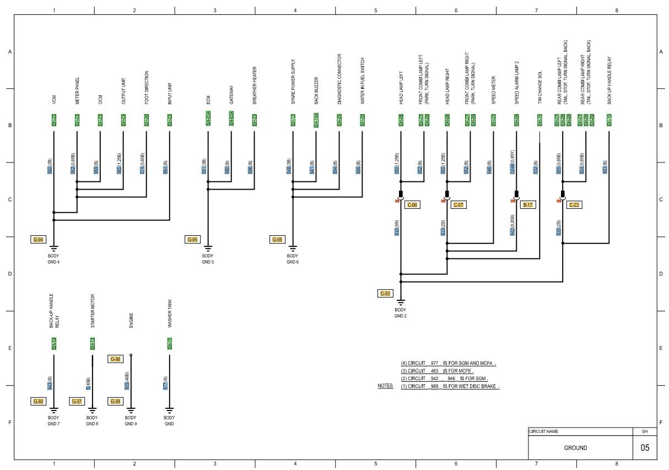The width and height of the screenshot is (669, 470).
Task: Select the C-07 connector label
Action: click(x=458, y=205)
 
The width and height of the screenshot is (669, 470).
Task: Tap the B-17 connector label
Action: click(x=527, y=205)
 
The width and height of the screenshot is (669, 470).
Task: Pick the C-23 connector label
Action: click(x=574, y=205)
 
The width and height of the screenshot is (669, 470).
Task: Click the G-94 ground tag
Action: click(x=38, y=239)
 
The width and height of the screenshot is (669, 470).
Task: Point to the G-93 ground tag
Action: click(x=385, y=294)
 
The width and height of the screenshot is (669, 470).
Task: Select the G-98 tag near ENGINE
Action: click(x=115, y=359)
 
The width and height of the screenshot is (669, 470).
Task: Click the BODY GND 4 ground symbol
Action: click(x=53, y=249)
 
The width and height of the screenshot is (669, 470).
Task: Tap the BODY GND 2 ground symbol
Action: click(x=401, y=302)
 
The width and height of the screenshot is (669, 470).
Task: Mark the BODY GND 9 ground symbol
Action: click(x=131, y=410)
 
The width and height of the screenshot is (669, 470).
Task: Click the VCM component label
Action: click(x=54, y=100)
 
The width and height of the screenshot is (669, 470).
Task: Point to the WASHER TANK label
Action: click(x=169, y=316)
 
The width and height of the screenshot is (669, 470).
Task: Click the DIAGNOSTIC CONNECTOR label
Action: click(x=339, y=79)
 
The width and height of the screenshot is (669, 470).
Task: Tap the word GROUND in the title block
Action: click(x=575, y=448)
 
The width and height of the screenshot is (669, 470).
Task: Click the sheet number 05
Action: click(x=645, y=448)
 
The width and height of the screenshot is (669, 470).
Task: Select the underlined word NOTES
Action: click(x=385, y=386)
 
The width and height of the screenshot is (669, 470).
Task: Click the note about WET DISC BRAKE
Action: click(x=450, y=386)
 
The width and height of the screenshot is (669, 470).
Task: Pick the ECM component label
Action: click(x=208, y=100)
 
